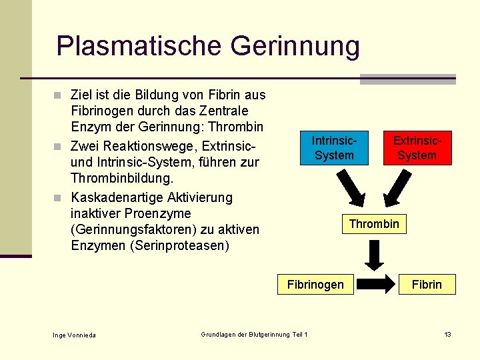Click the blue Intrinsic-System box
click(334, 148)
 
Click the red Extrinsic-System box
click(417, 148)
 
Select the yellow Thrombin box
click(374, 224)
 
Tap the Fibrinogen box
click(315, 285)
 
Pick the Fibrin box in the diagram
click(426, 285)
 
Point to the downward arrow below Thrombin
click(375, 255)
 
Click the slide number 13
click(448, 334)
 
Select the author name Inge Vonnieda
click(74, 335)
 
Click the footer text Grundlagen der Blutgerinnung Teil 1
click(254, 334)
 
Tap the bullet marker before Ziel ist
click(61, 95)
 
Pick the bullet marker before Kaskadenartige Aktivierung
click(61, 198)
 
